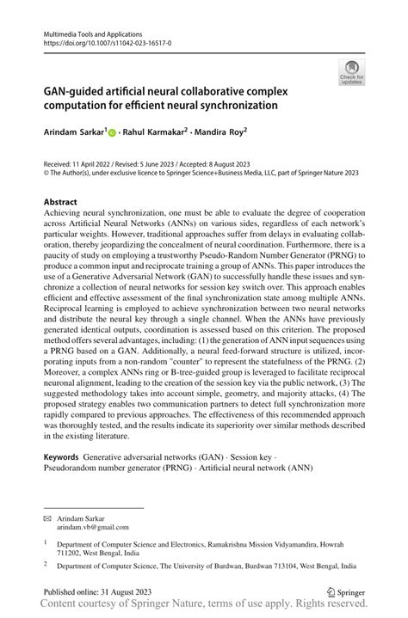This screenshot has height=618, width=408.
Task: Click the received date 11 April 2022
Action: (x=98, y=163)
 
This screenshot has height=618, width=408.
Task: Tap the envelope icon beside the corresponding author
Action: (x=47, y=520)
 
